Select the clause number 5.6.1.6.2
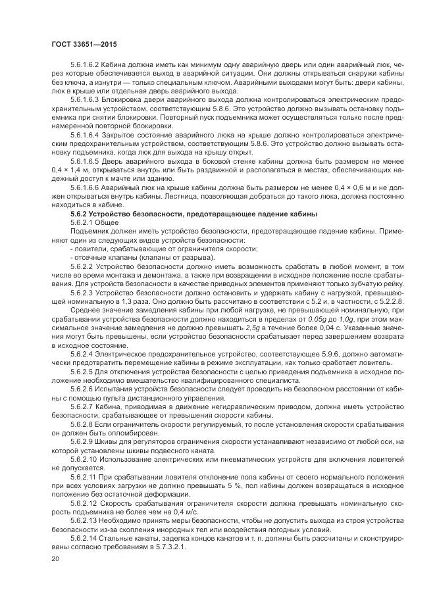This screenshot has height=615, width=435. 84,65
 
